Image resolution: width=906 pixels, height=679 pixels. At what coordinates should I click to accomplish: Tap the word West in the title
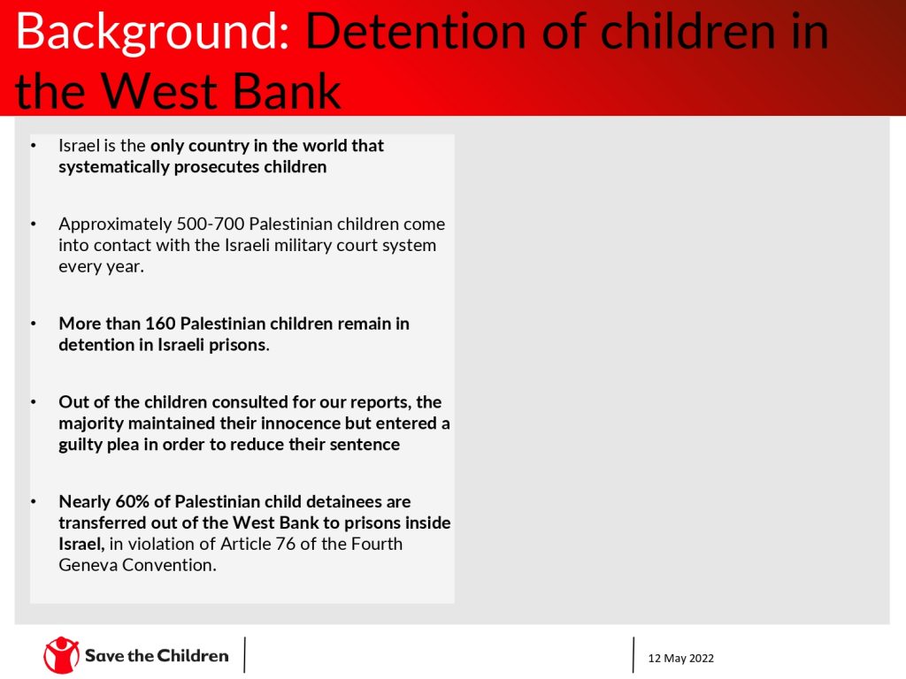[x=160, y=90]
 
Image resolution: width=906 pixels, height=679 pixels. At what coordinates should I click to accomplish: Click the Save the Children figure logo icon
[x=61, y=655]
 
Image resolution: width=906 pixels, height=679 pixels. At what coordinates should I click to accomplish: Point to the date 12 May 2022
[x=680, y=658]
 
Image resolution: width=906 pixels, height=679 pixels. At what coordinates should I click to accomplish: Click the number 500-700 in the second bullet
[x=211, y=224]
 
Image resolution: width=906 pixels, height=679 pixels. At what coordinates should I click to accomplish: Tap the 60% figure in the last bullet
[x=133, y=501]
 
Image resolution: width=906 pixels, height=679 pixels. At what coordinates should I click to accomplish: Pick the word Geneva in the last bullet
[x=88, y=565]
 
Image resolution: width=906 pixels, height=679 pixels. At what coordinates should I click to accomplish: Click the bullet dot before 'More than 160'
[x=34, y=324]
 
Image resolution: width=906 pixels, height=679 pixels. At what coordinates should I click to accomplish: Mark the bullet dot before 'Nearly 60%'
[x=34, y=501]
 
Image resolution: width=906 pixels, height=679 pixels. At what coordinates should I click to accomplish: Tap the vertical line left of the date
[x=633, y=655]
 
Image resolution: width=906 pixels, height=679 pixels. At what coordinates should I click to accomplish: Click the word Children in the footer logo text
[x=192, y=655]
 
